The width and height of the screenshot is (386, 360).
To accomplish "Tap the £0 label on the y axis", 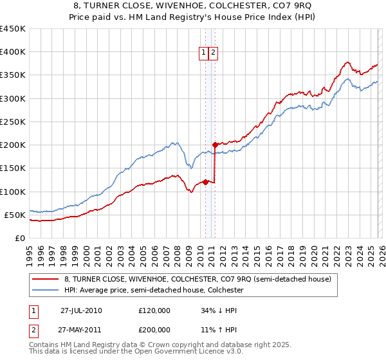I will [x=19, y=238].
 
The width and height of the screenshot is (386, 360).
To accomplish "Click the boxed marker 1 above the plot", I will [x=204, y=53].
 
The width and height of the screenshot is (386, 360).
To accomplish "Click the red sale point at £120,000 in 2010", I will [x=205, y=182].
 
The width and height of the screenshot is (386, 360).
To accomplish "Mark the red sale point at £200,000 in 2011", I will [x=215, y=145].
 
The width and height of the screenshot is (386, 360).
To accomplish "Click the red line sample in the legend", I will [x=45, y=279].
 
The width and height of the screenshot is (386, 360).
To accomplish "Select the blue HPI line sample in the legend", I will [x=45, y=290].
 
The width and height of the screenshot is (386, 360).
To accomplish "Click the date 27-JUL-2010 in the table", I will [x=81, y=310].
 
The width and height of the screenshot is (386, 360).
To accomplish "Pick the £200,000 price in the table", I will [x=154, y=329].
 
